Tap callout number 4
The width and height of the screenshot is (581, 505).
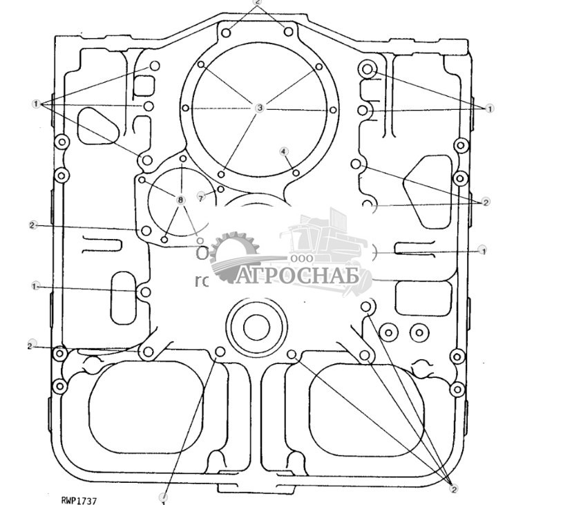[283, 151]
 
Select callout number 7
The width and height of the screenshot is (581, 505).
[201, 198]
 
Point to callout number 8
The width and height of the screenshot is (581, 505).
[180, 200]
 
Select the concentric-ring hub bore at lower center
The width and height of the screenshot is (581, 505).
[256, 325]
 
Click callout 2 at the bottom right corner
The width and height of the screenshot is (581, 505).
[454, 488]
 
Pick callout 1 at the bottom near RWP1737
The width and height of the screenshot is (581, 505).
[164, 497]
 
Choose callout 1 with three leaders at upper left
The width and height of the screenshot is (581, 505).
[36, 104]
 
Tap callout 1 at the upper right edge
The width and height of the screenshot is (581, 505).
[490, 108]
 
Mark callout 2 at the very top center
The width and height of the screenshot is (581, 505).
[258, 3]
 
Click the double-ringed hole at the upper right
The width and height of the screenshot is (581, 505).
[368, 68]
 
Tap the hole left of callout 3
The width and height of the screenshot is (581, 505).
[186, 108]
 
